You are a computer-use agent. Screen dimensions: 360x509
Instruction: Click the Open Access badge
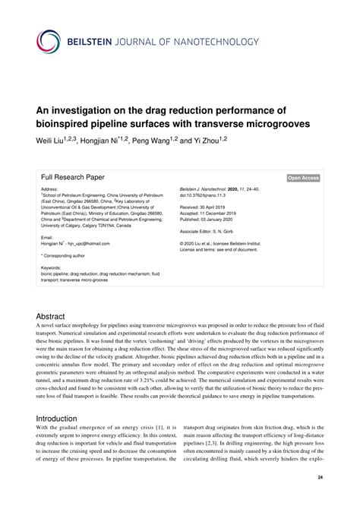click(303, 179)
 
